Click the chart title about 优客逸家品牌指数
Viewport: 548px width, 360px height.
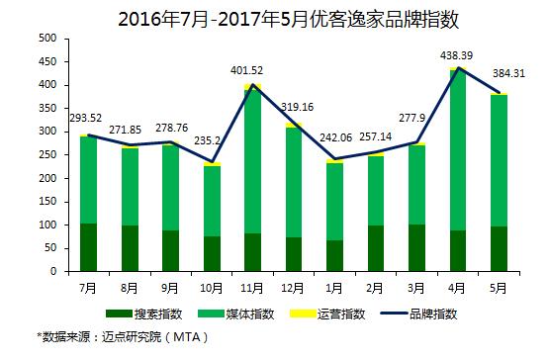click(x=288, y=19)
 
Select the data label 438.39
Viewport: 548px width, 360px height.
click(x=456, y=55)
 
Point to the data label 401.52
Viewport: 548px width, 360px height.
click(x=246, y=70)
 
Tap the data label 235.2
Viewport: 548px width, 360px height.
click(x=208, y=140)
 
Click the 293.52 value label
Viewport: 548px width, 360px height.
click(x=86, y=118)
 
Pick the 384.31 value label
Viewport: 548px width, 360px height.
click(x=508, y=74)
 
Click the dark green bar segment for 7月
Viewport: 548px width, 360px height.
click(x=88, y=247)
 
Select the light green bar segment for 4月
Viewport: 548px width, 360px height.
click(x=458, y=150)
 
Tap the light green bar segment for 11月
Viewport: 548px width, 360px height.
click(x=252, y=162)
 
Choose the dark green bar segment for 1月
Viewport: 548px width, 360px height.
click(x=334, y=255)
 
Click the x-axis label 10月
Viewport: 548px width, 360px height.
click(x=212, y=289)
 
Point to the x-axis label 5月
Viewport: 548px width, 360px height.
click(x=499, y=289)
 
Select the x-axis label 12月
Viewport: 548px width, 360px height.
click(x=293, y=289)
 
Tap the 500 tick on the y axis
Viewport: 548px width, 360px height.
click(x=47, y=39)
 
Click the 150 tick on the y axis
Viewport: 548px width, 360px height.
click(x=47, y=202)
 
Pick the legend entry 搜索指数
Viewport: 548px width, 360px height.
click(x=144, y=314)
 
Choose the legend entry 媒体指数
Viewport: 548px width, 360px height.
click(x=235, y=314)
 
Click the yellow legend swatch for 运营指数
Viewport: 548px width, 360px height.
click(x=303, y=314)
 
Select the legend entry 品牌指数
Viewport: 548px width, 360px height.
click(x=419, y=314)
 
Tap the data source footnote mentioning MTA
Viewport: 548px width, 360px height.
click(x=123, y=337)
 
